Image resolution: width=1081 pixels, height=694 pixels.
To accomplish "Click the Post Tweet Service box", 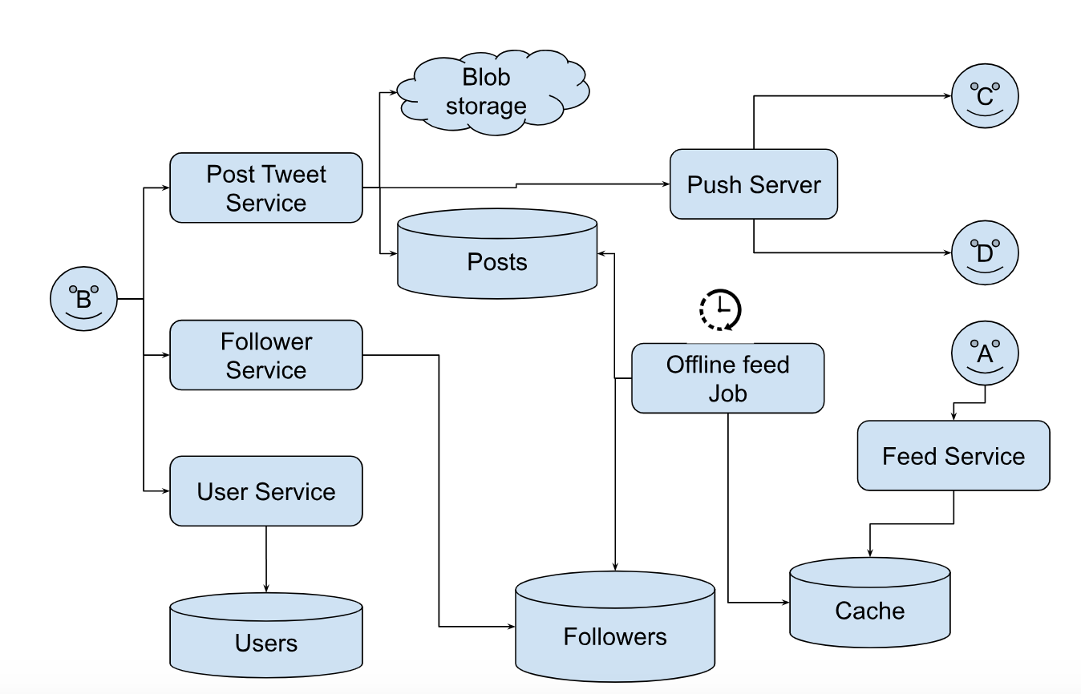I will [265, 188].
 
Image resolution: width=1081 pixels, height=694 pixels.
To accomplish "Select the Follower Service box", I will [265, 355].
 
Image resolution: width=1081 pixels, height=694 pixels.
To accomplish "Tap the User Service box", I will [265, 491].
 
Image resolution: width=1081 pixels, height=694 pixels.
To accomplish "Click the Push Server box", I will [754, 184].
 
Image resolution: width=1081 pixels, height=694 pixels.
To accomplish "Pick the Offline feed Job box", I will [727, 378].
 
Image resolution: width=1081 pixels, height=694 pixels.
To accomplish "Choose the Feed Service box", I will [953, 455].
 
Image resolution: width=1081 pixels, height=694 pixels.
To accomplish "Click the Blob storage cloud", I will [487, 94].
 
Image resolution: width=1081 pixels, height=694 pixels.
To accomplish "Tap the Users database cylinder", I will [265, 636].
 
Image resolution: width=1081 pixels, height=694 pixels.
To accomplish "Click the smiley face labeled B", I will [83, 299].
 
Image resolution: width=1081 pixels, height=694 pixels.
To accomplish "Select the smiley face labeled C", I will [985, 96].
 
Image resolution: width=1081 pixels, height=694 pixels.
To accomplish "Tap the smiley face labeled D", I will [985, 253].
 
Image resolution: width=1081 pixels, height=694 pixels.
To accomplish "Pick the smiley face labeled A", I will [985, 353].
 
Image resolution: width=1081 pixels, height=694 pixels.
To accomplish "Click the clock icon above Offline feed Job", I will [720, 309].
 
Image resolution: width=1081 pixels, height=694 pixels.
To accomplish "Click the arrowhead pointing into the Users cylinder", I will [265, 589].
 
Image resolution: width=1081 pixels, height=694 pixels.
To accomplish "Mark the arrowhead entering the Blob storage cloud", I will [393, 93].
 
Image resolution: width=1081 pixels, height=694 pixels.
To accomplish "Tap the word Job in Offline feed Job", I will [727, 393].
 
